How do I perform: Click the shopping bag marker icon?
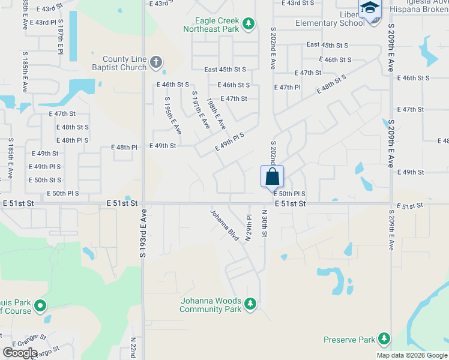[x=272, y=176]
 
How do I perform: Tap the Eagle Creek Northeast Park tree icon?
[x=249, y=24]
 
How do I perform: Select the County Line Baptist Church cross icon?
[x=155, y=62]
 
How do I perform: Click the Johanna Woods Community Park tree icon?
[x=250, y=305]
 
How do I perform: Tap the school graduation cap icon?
[x=370, y=8]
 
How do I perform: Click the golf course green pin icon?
[x=40, y=306]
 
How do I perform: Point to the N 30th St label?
[x=264, y=223]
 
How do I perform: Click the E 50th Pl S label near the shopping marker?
[x=289, y=194]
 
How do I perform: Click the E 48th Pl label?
[x=124, y=147]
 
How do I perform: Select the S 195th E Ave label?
[x=172, y=115]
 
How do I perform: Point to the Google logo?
[x=20, y=352]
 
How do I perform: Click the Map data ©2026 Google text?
[x=411, y=355]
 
